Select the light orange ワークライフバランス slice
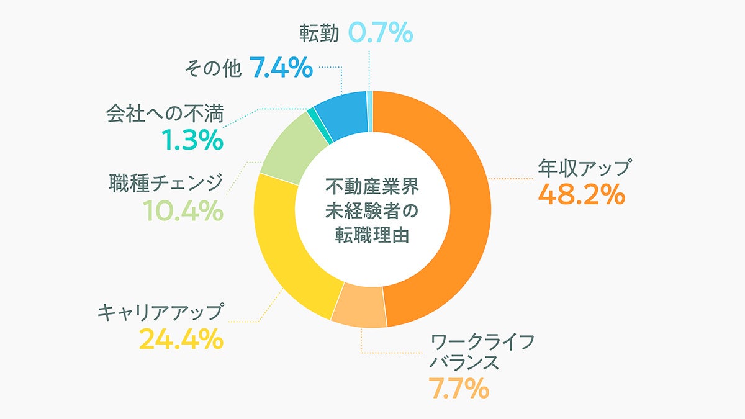[x=359, y=307]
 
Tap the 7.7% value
[x=459, y=389]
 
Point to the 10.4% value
[x=183, y=212]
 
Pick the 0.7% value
[x=381, y=32]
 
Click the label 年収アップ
[x=584, y=168]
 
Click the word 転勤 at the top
[x=318, y=33]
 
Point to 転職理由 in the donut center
[x=372, y=236]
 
